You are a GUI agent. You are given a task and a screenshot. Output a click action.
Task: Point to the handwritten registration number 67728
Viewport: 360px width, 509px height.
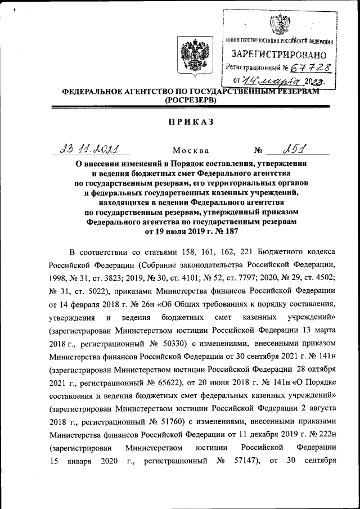[x=309, y=68]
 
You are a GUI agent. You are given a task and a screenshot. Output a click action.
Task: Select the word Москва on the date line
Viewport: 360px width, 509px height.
[x=191, y=151]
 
